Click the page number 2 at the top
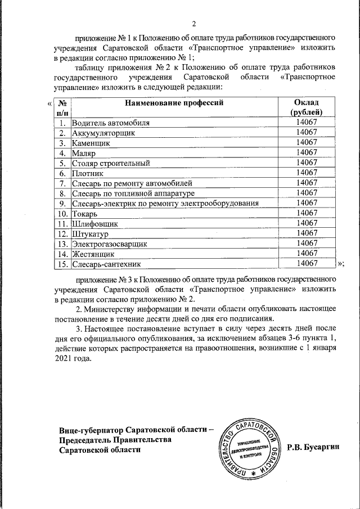coord(193,24)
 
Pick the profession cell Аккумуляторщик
coord(104,132)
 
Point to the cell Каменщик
coord(91,142)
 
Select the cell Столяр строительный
coord(111,163)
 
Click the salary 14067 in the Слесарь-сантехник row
coord(307,263)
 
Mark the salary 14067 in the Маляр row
coord(307,152)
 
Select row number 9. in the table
coord(63,203)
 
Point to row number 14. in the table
coord(62,254)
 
